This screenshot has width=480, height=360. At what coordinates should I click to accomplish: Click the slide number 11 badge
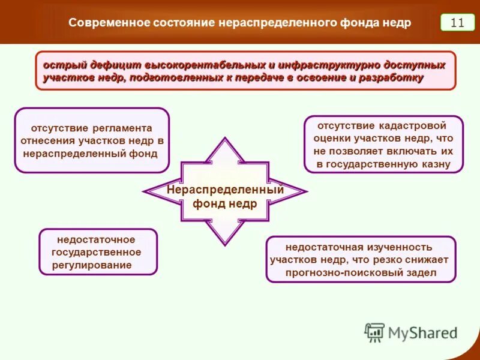(x=457, y=23)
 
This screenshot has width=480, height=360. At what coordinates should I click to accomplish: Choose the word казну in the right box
(x=435, y=164)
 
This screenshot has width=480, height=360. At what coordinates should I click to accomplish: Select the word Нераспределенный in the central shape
(x=225, y=190)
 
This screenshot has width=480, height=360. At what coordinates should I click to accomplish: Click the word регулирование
(x=92, y=265)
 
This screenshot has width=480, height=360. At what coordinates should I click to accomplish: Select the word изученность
(x=402, y=247)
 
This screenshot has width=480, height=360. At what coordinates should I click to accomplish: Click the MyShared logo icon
(x=374, y=332)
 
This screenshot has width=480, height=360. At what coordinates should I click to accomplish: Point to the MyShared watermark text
(x=422, y=332)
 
